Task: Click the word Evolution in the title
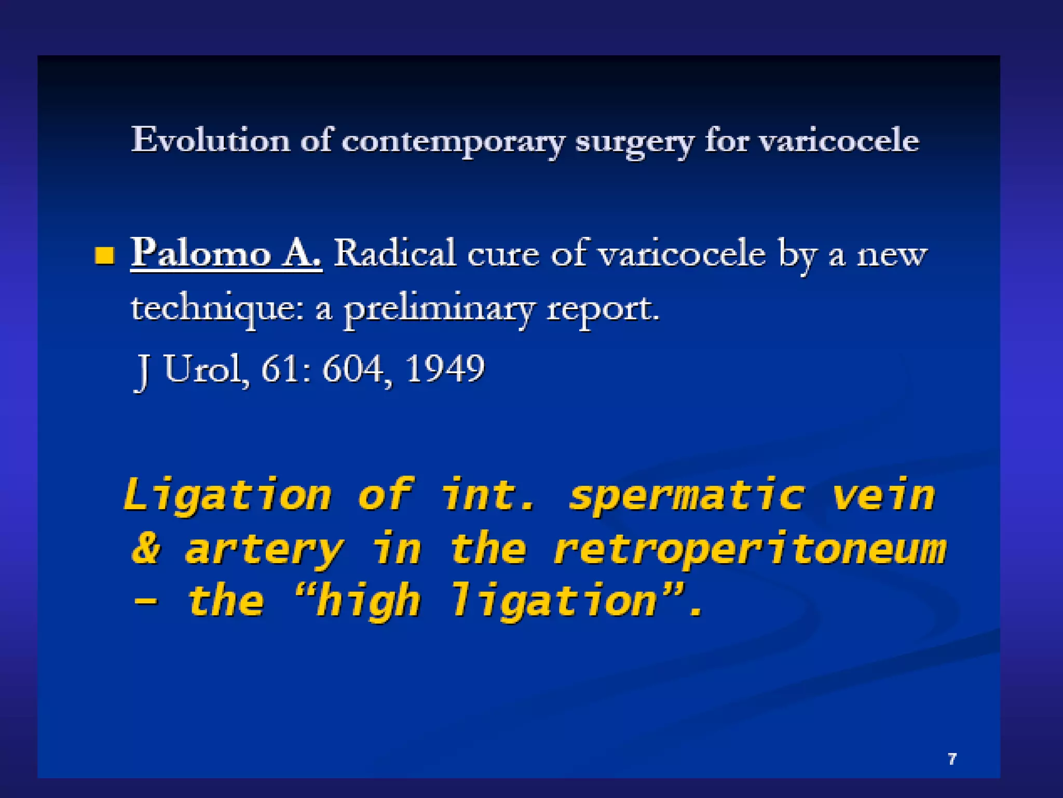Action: (210, 140)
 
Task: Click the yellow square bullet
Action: (105, 256)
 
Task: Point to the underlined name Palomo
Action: (201, 254)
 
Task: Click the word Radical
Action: (394, 254)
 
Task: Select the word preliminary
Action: (439, 310)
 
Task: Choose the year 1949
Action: (445, 369)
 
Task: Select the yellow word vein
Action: (883, 495)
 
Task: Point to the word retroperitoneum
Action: (749, 550)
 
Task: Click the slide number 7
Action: (952, 759)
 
